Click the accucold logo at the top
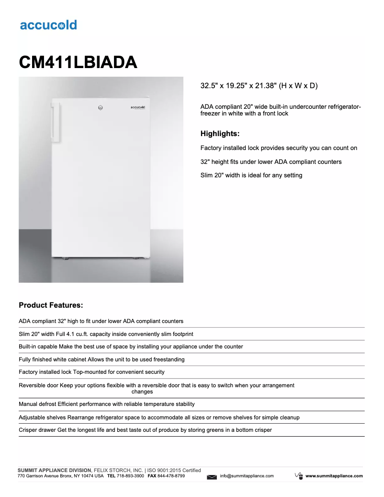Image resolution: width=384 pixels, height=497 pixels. pyautogui.click(x=48, y=25)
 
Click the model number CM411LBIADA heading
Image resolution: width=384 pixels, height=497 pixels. pyautogui.click(x=78, y=62)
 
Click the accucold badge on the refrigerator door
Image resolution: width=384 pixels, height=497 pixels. pyautogui.click(x=138, y=107)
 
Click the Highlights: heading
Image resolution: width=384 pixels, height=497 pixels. pyautogui.click(x=220, y=134)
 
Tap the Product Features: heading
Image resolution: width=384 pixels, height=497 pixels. pyautogui.click(x=51, y=305)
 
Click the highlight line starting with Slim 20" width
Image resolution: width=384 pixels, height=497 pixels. pyautogui.click(x=251, y=175)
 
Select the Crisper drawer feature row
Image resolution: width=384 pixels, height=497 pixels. pyautogui.click(x=145, y=430)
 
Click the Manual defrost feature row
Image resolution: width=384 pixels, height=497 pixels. pyautogui.click(x=107, y=404)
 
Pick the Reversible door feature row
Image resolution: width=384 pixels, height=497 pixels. pyautogui.click(x=157, y=388)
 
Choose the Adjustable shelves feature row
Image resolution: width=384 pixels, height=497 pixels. pyautogui.click(x=159, y=417)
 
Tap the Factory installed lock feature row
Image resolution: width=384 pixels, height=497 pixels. pyautogui.click(x=91, y=372)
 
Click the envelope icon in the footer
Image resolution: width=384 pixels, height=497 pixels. pyautogui.click(x=212, y=476)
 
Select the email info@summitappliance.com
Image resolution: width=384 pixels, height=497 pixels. pyautogui.click(x=247, y=476)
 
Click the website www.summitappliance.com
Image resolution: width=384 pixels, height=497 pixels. pyautogui.click(x=334, y=476)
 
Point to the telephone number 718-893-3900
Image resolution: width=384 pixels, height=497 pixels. pyautogui.click(x=130, y=476)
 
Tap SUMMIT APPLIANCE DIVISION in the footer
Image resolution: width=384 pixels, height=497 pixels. pyautogui.click(x=54, y=471)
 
